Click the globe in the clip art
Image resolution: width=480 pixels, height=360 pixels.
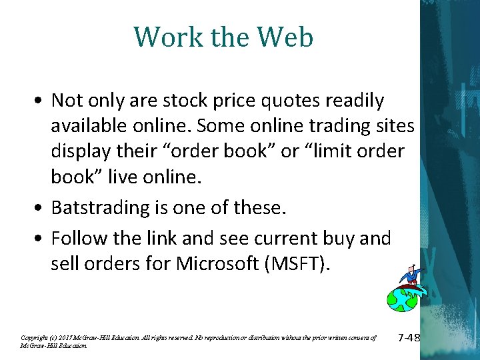pyautogui.click(x=402, y=299)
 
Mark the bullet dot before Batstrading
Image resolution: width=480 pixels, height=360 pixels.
pyautogui.click(x=41, y=208)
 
